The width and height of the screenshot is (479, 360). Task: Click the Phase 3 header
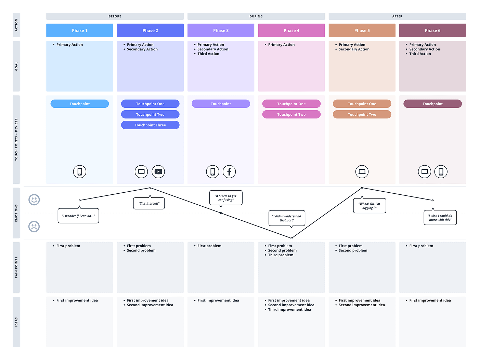[x=221, y=30]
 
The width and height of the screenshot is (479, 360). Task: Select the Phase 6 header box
[x=432, y=30]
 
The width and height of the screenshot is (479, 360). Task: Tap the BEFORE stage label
[x=115, y=16]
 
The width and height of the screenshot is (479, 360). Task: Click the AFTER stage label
[x=397, y=16]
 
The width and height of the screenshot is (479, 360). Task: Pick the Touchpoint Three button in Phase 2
[x=150, y=125]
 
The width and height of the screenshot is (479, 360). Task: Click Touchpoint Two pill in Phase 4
[x=291, y=115]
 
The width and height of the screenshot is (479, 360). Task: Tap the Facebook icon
[x=229, y=171]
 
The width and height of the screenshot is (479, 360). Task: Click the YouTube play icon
[x=158, y=171]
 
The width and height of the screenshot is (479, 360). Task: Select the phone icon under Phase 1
[x=80, y=171]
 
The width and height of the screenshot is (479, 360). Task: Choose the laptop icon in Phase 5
[x=362, y=171]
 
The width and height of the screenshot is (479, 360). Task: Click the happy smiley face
[x=34, y=200]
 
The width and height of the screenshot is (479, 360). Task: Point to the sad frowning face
[x=34, y=227]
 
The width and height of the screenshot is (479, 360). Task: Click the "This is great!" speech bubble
[x=149, y=204]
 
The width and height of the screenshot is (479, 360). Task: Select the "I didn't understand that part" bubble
[x=287, y=218]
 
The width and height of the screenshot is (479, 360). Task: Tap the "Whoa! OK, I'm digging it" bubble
[x=370, y=206]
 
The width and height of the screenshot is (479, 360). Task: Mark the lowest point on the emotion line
[x=292, y=238]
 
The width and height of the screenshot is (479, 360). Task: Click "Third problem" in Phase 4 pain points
[x=281, y=255]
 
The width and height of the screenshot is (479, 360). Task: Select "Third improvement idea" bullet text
[x=289, y=310]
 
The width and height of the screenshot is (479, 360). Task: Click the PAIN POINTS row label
[x=16, y=267]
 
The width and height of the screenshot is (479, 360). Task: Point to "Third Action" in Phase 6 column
[x=420, y=54]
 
